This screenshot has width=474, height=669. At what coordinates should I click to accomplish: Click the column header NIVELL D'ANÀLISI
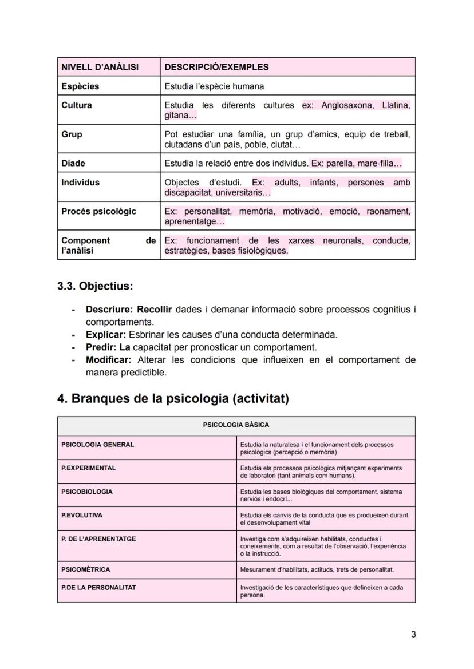[100, 67]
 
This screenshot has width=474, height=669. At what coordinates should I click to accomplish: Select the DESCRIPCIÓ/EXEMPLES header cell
[216, 67]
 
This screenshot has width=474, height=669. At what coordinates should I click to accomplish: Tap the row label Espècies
[80, 86]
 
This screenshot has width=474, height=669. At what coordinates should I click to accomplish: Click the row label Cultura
[77, 105]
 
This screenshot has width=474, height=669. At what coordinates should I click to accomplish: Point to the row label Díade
[73, 163]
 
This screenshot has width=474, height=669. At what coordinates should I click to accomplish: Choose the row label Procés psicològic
[98, 211]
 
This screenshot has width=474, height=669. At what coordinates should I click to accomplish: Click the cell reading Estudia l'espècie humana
[214, 86]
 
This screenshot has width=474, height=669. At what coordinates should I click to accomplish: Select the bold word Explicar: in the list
[106, 335]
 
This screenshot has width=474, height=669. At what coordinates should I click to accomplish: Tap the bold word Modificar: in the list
[109, 360]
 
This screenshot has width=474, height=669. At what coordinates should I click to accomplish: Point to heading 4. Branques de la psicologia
[173, 398]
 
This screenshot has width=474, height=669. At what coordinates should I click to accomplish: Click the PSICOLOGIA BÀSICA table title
[236, 425]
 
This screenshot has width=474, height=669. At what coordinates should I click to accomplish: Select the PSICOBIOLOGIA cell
[87, 492]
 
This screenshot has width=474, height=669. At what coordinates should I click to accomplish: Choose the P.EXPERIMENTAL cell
[88, 468]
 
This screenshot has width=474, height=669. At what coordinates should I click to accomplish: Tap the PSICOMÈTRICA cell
[85, 569]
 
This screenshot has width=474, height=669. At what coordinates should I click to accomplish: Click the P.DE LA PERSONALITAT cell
[98, 587]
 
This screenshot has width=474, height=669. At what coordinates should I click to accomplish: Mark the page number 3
[413, 634]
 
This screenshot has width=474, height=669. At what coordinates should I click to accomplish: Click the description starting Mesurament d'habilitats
[317, 569]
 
